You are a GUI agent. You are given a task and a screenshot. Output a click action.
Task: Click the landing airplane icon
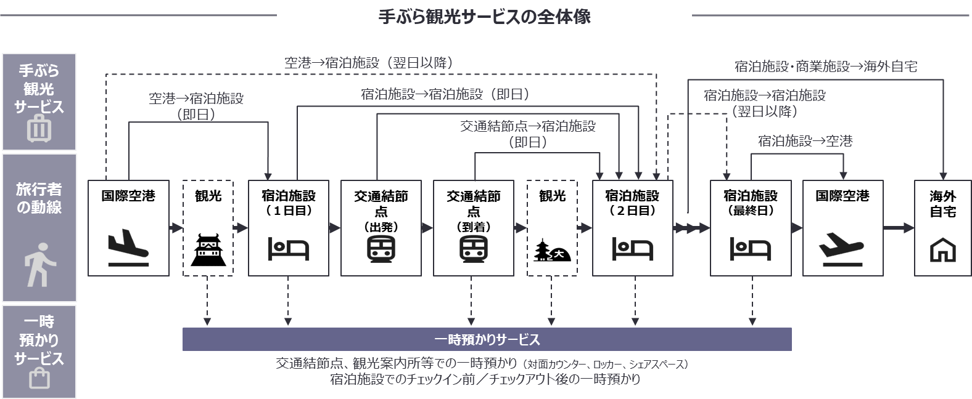128,247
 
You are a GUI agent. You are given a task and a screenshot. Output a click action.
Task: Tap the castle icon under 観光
208,249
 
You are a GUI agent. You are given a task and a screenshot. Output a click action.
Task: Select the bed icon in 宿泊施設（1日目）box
288,249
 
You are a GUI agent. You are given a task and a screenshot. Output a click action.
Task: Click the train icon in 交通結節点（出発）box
381,249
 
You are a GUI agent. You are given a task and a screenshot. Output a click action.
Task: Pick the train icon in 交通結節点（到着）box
473,249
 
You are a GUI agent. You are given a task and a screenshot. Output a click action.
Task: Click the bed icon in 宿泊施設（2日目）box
632,249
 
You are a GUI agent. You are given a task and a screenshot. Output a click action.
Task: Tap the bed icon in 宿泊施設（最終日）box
750,249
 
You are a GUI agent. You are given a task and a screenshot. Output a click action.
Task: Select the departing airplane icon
842,247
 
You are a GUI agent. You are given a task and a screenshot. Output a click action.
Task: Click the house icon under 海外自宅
942,250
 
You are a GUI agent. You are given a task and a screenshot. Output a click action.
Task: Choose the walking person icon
39,264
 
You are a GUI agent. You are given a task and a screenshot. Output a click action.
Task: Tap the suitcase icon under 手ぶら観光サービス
39,130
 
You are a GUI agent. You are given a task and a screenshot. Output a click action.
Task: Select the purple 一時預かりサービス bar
487,339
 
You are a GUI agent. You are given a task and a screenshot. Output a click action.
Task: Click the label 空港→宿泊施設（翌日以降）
373,62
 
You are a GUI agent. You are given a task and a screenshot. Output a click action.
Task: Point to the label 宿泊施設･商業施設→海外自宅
826,66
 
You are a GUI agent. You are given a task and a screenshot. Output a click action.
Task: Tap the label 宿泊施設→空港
805,141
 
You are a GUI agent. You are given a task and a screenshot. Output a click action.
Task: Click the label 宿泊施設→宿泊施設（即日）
445,94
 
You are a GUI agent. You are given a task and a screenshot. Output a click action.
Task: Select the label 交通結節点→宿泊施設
528,127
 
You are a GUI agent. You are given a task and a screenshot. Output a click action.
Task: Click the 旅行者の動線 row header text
39,198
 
